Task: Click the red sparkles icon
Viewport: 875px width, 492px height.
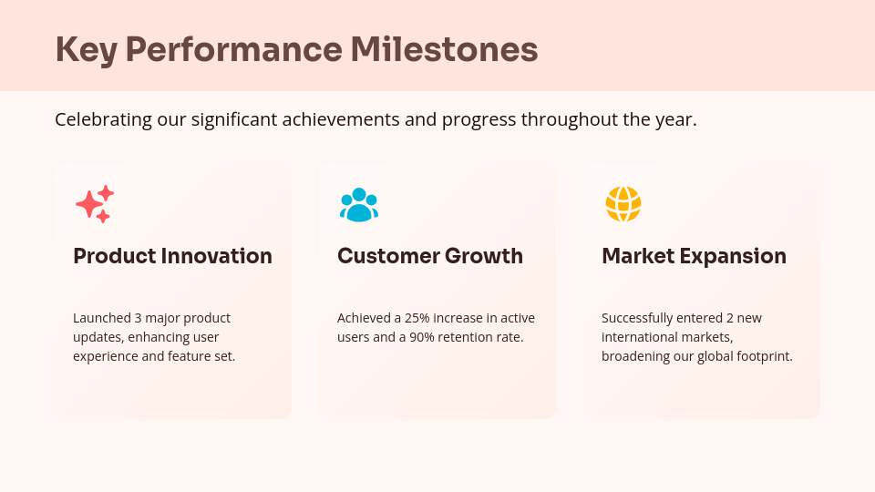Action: tap(95, 204)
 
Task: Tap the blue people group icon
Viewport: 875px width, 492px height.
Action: tap(358, 204)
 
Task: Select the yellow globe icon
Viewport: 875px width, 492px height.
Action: tap(623, 204)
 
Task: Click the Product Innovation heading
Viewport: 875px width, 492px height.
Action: tap(172, 256)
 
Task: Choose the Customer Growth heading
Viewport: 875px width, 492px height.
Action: tap(430, 256)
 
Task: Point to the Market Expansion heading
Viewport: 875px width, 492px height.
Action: tap(694, 256)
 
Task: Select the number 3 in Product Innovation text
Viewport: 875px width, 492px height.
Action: tap(138, 318)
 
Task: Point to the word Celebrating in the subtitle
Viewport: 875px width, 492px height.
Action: tap(102, 119)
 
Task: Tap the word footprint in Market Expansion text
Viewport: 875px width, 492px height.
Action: tap(763, 356)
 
